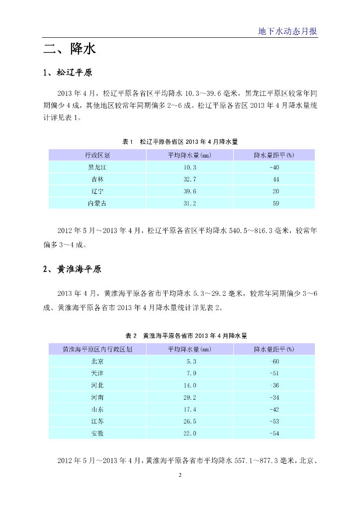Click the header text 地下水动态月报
(287, 31)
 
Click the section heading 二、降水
(70, 49)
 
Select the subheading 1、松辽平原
(68, 73)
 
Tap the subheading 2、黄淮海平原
(72, 269)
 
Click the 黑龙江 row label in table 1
(97, 167)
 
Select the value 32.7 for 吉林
(190, 179)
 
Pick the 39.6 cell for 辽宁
(190, 191)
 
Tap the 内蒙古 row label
(97, 203)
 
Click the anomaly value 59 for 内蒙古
(274, 203)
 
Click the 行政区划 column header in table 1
(97, 155)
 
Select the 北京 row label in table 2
(97, 361)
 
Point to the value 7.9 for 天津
(191, 373)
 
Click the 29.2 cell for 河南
(190, 397)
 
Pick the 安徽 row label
(97, 433)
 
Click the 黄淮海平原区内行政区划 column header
(97, 349)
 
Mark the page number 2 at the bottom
(180, 475)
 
